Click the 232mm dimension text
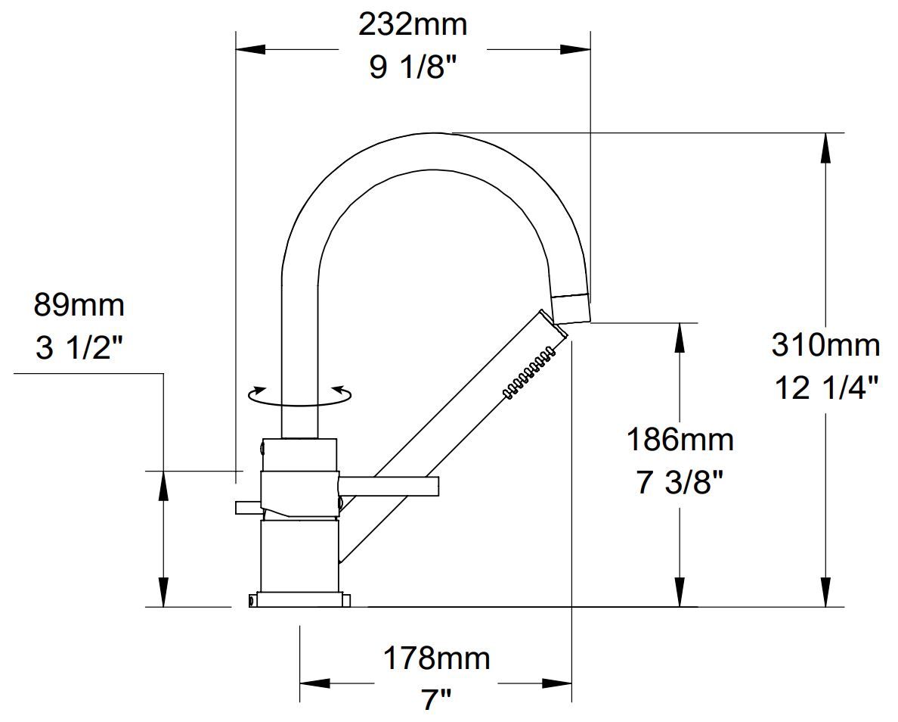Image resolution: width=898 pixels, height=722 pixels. pyautogui.click(x=413, y=25)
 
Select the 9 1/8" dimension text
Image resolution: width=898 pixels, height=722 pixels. pyautogui.click(x=413, y=68)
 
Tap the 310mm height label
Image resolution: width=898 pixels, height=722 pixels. pyautogui.click(x=825, y=345)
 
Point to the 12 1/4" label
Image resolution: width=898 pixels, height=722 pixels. pyautogui.click(x=825, y=388)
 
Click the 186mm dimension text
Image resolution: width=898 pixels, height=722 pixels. pyautogui.click(x=680, y=439)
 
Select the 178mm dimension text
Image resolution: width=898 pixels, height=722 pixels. pyautogui.click(x=436, y=658)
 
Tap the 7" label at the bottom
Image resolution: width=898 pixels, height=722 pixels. pyautogui.click(x=436, y=700)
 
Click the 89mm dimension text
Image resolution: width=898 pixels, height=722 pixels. pyautogui.click(x=79, y=306)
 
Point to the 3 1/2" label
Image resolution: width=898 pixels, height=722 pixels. pyautogui.click(x=79, y=349)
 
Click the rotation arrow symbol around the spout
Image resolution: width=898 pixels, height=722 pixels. pyautogui.click(x=301, y=395)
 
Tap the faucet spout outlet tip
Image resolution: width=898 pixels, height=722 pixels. pyautogui.click(x=571, y=309)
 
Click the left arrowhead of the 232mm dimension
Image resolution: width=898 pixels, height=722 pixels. pyautogui.click(x=249, y=50)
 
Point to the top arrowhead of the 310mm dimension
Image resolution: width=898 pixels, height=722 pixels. pyautogui.click(x=825, y=147)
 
